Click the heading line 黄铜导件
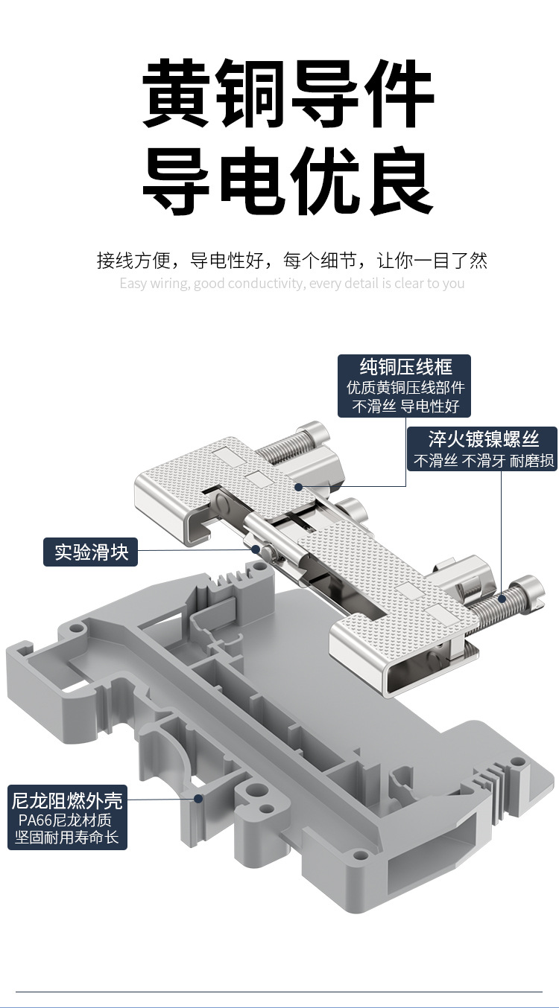[288, 95]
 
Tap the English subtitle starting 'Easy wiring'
[291, 284]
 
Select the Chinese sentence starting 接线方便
[291, 261]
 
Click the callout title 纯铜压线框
[405, 366]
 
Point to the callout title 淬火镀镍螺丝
[483, 438]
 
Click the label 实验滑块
[91, 552]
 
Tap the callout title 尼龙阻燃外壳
[67, 802]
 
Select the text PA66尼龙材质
[66, 820]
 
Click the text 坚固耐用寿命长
[67, 838]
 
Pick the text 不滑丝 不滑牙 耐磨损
[484, 461]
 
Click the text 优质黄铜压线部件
[405, 388]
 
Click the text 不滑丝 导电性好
[405, 406]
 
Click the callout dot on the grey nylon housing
[198, 799]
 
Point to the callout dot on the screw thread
[502, 597]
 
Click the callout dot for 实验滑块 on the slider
[256, 549]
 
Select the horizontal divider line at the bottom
[279, 992]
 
